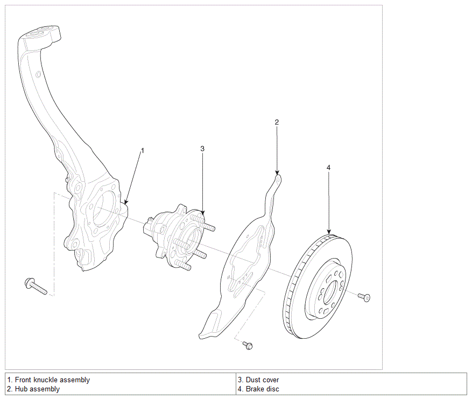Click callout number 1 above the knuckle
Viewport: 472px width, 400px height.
[x=143, y=151]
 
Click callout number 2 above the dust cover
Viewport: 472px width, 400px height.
[x=277, y=122]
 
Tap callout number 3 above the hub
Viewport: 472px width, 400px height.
[x=202, y=148]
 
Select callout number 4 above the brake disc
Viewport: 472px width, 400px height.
[x=328, y=168]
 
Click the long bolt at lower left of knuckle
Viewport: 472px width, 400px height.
[x=36, y=286]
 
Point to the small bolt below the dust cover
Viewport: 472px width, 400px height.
[x=248, y=345]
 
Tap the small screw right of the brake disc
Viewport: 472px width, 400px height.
[x=364, y=297]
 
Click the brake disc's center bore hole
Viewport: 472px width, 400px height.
[x=332, y=293]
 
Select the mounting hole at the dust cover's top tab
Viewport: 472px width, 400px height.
[x=278, y=180]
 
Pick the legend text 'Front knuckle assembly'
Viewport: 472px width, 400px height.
[x=52, y=380]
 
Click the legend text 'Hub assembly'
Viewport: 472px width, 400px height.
[x=37, y=389]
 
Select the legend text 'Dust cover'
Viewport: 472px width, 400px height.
[x=262, y=380]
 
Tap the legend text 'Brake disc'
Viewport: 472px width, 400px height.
[x=263, y=389]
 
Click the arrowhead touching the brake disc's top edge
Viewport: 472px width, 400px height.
[x=329, y=231]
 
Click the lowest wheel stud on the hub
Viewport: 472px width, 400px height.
[x=183, y=265]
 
